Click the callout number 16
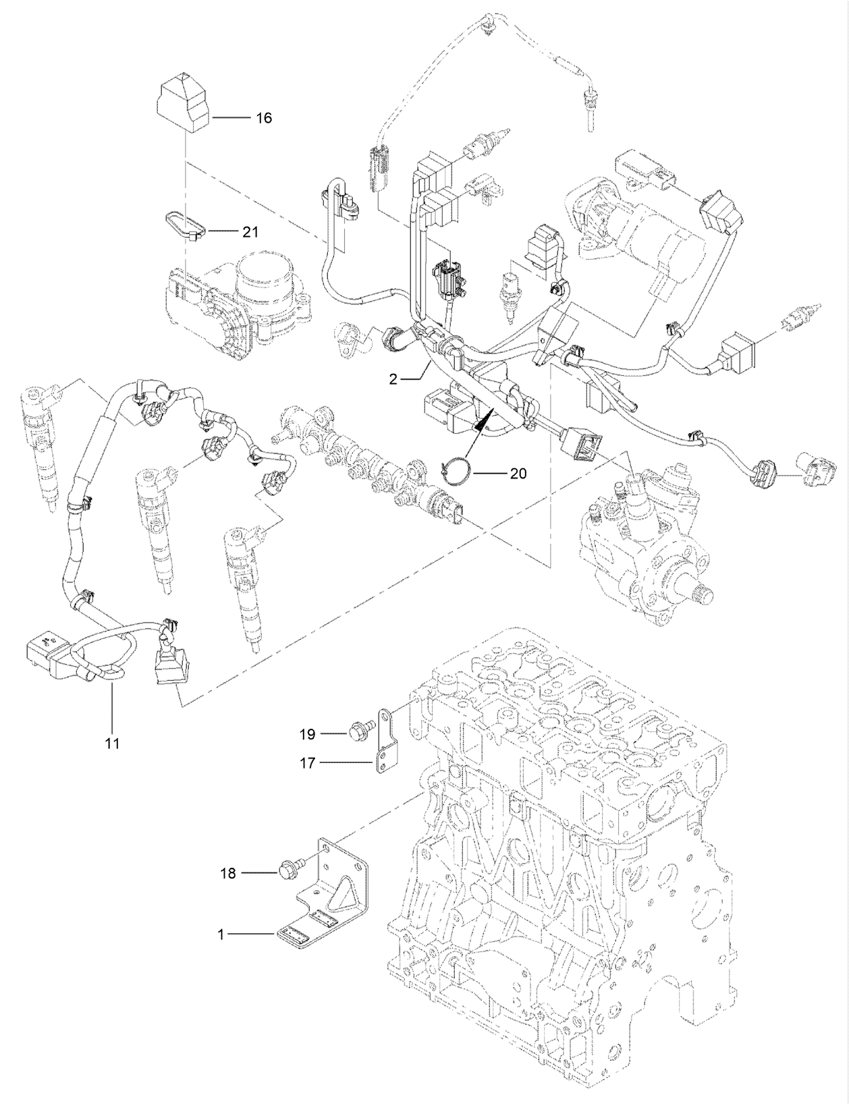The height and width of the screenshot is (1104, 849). click(263, 118)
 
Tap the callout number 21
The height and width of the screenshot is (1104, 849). click(250, 231)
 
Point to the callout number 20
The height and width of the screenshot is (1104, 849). click(518, 474)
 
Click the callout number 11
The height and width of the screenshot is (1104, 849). click(112, 744)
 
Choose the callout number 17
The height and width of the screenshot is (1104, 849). click(308, 763)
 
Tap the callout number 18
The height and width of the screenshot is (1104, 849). click(228, 873)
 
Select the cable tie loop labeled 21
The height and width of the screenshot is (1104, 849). click(182, 225)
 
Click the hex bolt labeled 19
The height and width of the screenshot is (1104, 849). click(357, 731)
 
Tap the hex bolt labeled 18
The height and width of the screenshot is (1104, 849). click(287, 873)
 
